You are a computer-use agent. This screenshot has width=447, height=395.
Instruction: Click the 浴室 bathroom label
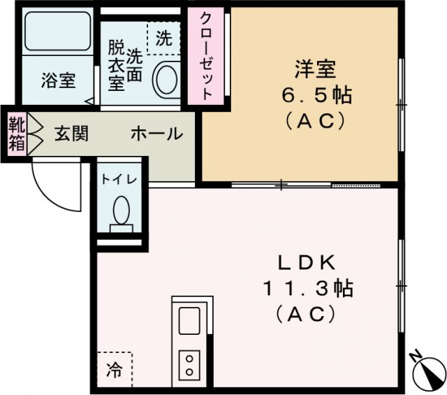click(59, 80)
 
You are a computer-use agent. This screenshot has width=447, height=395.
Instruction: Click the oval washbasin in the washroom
click(165, 80)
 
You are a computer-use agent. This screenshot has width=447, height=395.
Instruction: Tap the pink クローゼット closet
click(207, 56)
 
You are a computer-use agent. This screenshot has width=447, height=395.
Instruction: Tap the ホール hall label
click(156, 134)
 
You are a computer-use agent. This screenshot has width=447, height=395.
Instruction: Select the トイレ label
click(119, 179)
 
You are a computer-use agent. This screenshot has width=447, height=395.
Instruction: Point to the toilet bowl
click(122, 209)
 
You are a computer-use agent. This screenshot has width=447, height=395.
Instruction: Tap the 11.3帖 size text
click(307, 287)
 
